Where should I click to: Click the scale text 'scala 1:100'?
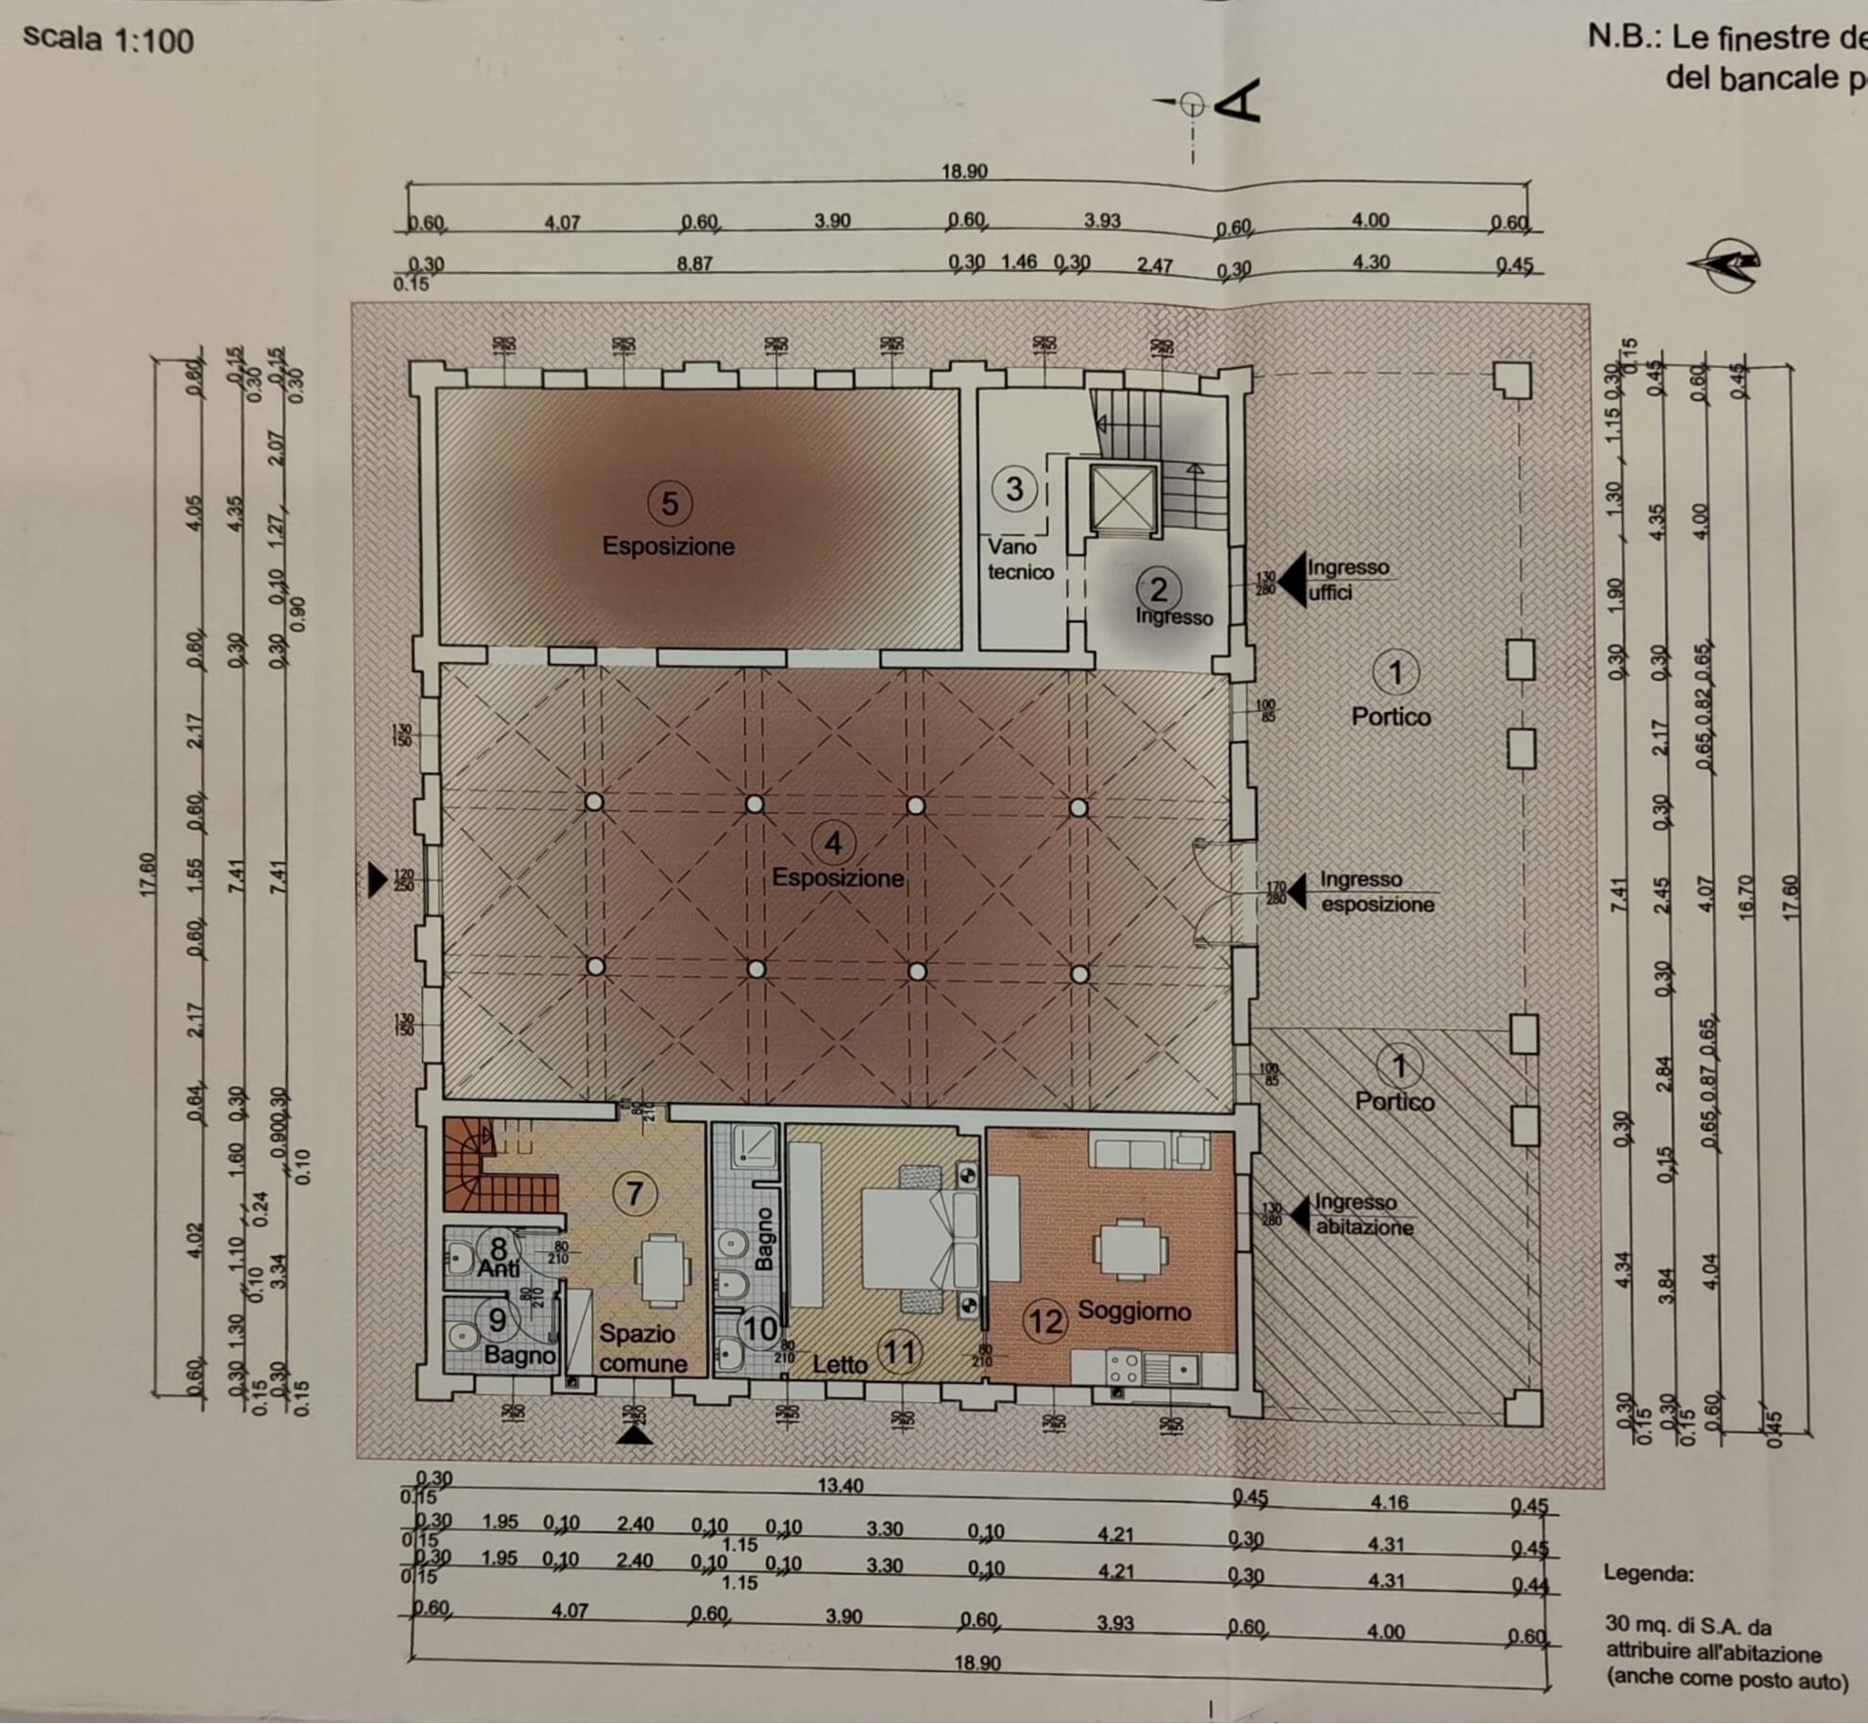[x=108, y=39]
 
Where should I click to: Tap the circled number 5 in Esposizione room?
[x=669, y=503]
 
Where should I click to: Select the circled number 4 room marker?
[x=832, y=843]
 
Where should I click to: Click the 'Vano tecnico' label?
[x=1019, y=559]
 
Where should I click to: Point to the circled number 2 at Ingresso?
[x=1158, y=590]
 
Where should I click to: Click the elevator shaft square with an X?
[x=1123, y=498]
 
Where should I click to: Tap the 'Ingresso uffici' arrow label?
[x=1346, y=580]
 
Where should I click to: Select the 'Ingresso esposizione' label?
[x=1375, y=891]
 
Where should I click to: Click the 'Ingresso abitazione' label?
[x=1363, y=1215]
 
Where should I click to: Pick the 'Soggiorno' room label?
[x=1133, y=1310]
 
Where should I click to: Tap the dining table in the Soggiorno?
[x=1130, y=1249]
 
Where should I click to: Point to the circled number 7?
[x=634, y=1194]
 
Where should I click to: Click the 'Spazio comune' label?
[x=642, y=1348]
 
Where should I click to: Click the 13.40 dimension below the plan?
[x=840, y=1485]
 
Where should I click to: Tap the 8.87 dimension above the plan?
[x=694, y=264]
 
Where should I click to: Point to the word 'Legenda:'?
[x=1648, y=1573]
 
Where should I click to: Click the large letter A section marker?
[x=1237, y=102]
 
